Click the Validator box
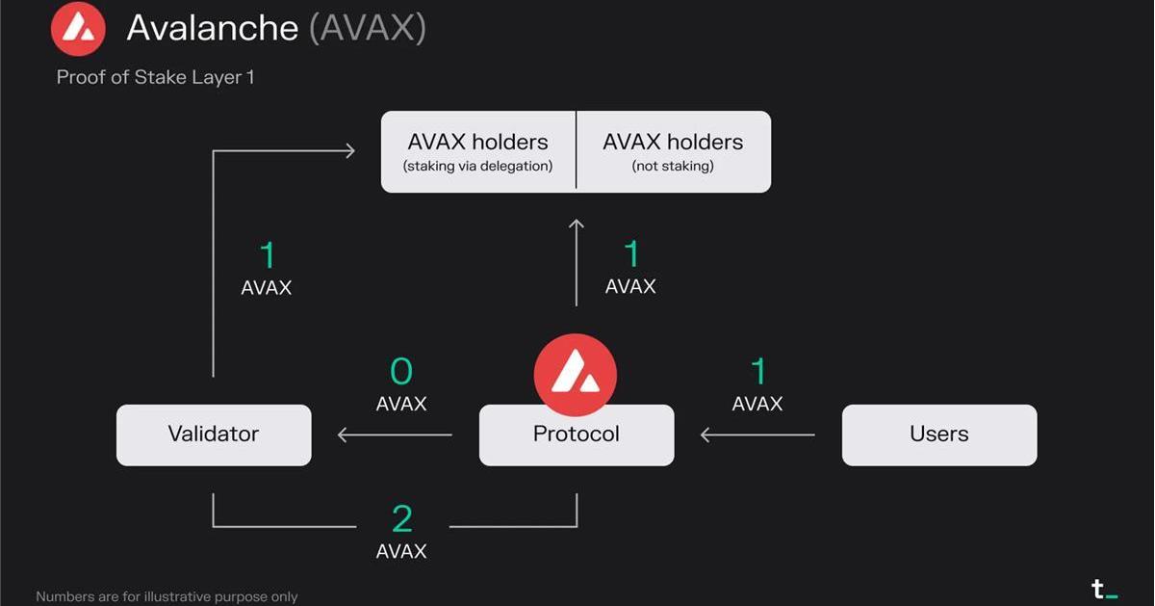point(214,435)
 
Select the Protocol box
point(577,435)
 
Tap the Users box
point(939,435)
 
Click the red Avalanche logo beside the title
point(78,28)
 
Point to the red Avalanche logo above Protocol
point(576,374)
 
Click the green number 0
point(401,372)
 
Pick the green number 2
point(402,519)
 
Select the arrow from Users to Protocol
point(757,435)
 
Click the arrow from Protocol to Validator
point(395,435)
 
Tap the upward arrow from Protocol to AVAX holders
point(577,262)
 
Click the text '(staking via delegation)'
point(477,167)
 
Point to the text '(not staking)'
point(673,167)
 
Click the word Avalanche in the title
point(212,28)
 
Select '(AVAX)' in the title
point(368,28)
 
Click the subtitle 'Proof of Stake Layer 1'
point(155,77)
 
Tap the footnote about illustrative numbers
point(167,597)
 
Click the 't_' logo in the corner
point(1104,589)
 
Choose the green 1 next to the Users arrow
point(758,372)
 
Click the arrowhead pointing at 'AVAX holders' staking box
point(348,150)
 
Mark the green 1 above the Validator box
point(268,255)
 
